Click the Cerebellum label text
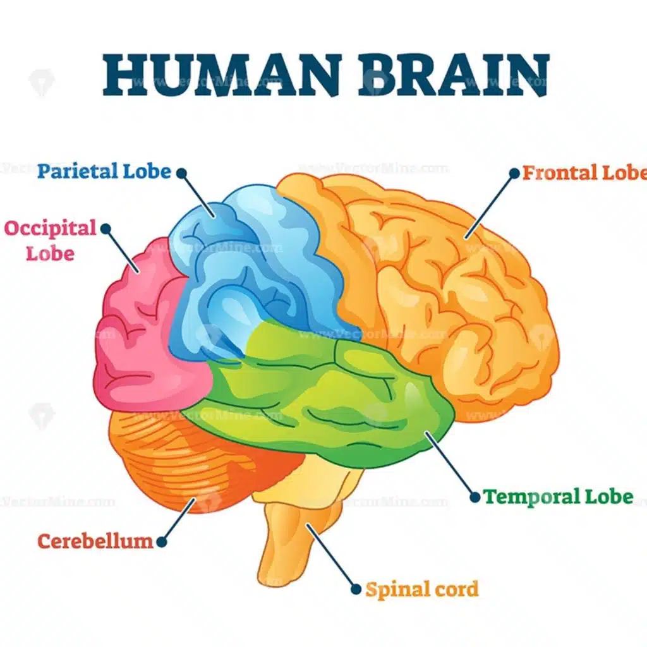click(x=95, y=541)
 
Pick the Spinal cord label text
click(x=422, y=590)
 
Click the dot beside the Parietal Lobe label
click(x=181, y=172)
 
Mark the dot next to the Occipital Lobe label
click(x=106, y=229)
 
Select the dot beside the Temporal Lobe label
click(x=475, y=497)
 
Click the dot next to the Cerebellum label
click(x=162, y=541)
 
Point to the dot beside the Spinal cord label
click(x=356, y=590)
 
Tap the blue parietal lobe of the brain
click(x=253, y=265)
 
